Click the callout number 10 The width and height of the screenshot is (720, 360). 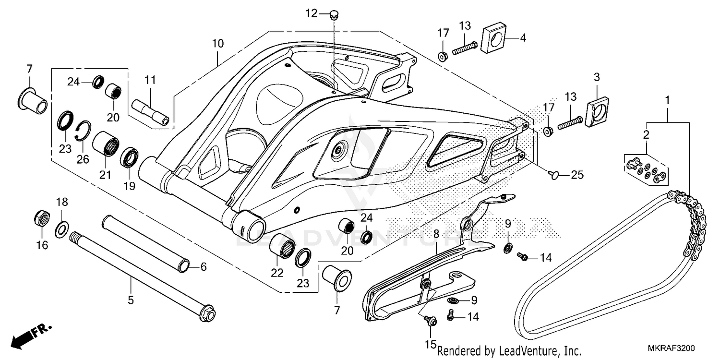tap(217, 44)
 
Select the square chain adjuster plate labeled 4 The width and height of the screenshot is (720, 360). tap(492, 36)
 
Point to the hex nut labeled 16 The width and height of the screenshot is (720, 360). tap(42, 218)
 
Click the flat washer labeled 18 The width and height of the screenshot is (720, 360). tap(61, 230)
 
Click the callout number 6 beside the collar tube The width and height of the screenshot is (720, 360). tap(204, 267)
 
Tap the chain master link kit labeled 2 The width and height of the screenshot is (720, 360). tap(646, 169)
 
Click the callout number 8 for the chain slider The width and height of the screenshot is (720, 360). tap(436, 234)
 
